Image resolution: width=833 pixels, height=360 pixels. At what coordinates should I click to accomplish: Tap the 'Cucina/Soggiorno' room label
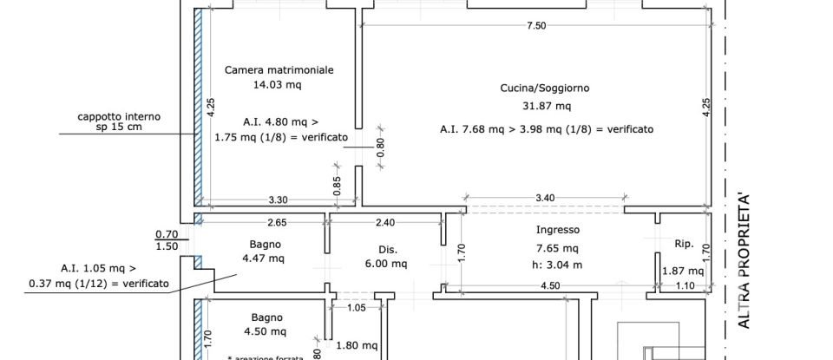point(545,88)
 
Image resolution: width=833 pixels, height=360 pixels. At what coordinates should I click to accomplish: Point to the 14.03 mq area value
point(277,85)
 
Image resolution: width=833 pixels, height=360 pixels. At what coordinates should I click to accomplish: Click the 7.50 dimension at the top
point(536,26)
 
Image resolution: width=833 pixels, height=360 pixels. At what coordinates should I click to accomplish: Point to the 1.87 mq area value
point(679,271)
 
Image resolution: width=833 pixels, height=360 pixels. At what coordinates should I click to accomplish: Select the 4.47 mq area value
point(263,258)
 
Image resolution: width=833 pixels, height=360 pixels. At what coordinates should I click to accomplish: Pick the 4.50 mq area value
point(267,331)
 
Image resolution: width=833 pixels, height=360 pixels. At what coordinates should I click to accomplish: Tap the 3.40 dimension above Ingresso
point(544,199)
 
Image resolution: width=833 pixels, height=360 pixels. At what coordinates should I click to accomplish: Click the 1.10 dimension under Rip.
point(685,286)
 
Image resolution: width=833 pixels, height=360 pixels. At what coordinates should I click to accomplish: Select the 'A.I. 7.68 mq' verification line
point(546,129)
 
